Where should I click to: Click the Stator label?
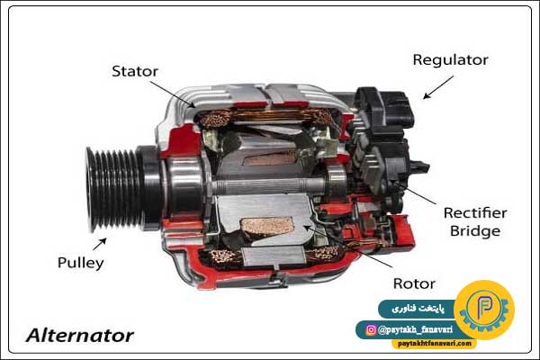coord(135,71)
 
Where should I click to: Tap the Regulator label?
coord(451,60)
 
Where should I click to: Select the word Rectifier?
coord(475,213)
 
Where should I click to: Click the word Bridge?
coord(475,230)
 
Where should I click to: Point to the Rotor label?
coord(414,283)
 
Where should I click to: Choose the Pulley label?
coord(80,263)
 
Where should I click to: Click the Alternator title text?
coord(80,336)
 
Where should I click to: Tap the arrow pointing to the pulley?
coord(100,244)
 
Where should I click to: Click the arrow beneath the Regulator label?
coord(438,87)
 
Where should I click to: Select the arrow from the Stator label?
coord(173,94)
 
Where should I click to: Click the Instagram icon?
coord(371,330)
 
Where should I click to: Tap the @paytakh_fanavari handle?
coord(415,330)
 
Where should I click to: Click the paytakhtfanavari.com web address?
coord(435,344)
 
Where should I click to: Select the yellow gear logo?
coord(484,310)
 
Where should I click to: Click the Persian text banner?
coord(418,309)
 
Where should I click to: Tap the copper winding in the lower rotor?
coord(267,226)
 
